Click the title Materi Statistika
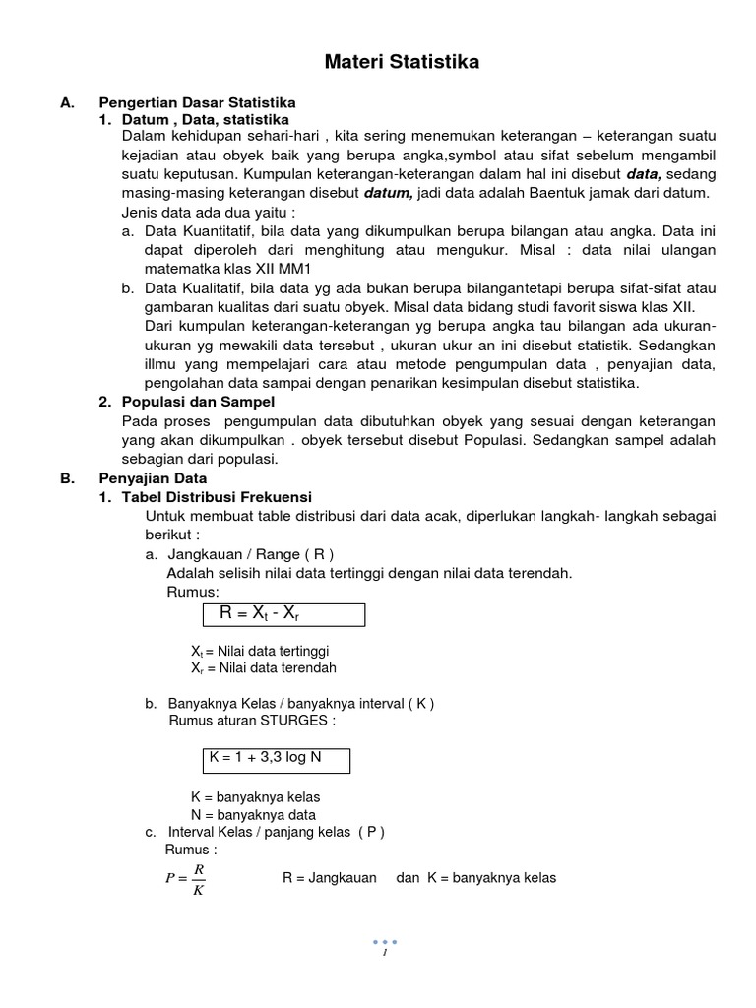click(403, 63)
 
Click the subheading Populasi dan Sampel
click(198, 402)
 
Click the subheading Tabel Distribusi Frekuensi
click(216, 497)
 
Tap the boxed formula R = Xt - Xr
click(283, 614)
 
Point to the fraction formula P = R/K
click(186, 879)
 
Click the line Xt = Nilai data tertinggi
click(259, 651)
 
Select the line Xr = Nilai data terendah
click(263, 667)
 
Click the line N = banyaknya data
click(252, 814)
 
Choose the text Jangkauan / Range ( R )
click(257, 554)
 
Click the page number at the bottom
click(385, 952)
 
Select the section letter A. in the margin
click(67, 102)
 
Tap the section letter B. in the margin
click(67, 478)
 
